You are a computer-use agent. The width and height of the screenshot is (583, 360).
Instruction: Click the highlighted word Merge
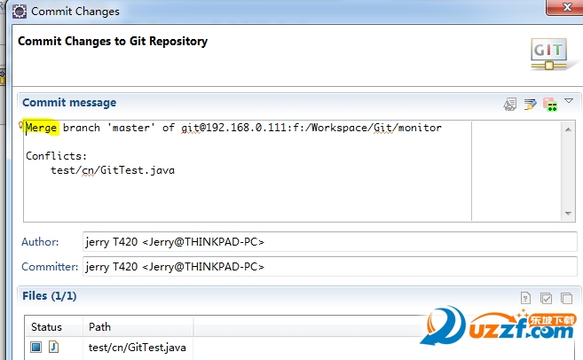pyautogui.click(x=41, y=128)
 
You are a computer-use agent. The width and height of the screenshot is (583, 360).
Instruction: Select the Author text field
pyautogui.click(x=328, y=242)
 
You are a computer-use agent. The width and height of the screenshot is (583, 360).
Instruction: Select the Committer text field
pyautogui.click(x=328, y=267)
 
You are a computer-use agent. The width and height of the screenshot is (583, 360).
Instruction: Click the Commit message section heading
pyautogui.click(x=69, y=103)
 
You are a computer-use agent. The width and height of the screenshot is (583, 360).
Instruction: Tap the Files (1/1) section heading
pyautogui.click(x=50, y=296)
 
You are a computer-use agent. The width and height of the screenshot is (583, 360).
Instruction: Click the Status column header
pyautogui.click(x=47, y=327)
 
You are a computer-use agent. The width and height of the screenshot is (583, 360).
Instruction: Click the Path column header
pyautogui.click(x=100, y=327)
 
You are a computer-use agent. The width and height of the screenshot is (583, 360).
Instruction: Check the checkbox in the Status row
pyautogui.click(x=36, y=347)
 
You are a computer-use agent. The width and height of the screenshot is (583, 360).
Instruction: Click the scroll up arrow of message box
pyautogui.click(x=568, y=129)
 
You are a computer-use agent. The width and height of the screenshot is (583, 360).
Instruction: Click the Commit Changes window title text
pyautogui.click(x=75, y=12)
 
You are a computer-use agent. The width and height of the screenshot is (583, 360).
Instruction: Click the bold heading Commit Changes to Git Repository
pyautogui.click(x=113, y=41)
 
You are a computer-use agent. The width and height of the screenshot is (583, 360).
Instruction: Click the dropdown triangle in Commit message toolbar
pyautogui.click(x=569, y=101)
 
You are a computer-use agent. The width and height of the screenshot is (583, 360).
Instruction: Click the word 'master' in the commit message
pyautogui.click(x=132, y=128)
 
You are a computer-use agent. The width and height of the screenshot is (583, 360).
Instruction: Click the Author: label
pyautogui.click(x=41, y=242)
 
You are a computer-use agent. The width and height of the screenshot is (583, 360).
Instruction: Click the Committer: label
pyautogui.click(x=50, y=267)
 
